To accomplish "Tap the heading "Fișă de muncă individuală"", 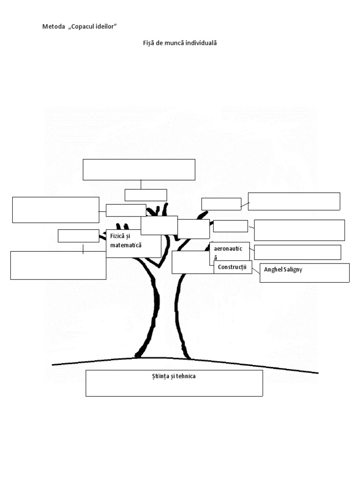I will pos(180,43).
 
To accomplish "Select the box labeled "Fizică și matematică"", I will pos(134,243).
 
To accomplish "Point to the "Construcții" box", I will pos(232,267).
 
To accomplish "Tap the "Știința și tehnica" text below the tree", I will pos(169,376).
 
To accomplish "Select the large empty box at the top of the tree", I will pos(139,169).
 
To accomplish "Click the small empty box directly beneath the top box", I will pos(146,195).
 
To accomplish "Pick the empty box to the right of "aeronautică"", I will pos(297,252).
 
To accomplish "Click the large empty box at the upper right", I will pos(294,201).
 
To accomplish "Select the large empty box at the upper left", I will pos(55,210).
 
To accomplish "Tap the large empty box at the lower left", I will pos(58,265).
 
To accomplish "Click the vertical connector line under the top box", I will pos(141,185).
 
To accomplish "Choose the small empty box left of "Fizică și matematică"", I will pos(78,236).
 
